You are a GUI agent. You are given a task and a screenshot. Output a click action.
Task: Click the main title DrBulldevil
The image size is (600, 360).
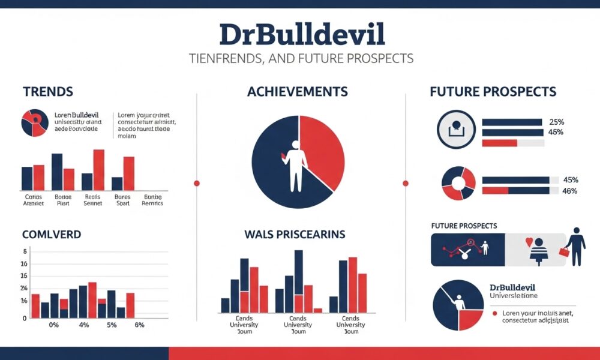tap(302, 34)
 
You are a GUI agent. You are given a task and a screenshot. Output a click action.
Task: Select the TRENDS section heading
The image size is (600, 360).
tap(48, 92)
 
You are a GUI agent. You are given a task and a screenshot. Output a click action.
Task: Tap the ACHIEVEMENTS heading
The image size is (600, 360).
tap(298, 92)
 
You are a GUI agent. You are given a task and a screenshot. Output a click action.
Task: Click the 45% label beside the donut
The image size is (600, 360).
tap(570, 179)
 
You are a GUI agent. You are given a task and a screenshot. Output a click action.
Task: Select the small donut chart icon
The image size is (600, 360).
tap(458, 184)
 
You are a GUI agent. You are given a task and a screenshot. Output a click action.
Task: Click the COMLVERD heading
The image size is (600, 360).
tap(52, 234)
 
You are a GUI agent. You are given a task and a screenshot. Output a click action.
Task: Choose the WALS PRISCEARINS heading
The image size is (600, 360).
tap(295, 234)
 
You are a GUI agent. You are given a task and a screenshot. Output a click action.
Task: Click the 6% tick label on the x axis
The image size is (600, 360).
tap(139, 325)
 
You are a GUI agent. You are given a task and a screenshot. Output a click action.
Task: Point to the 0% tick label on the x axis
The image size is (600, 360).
tap(53, 325)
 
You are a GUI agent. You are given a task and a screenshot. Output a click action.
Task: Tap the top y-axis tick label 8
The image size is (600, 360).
tap(25, 251)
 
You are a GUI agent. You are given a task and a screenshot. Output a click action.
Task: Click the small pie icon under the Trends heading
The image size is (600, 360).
tap(35, 122)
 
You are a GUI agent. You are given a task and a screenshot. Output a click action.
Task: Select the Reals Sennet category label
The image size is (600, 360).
tap(92, 200)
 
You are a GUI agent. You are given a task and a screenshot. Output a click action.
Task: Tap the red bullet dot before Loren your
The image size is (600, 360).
tap(494, 313)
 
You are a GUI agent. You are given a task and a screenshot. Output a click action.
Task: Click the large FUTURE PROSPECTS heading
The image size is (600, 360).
tap(493, 92)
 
